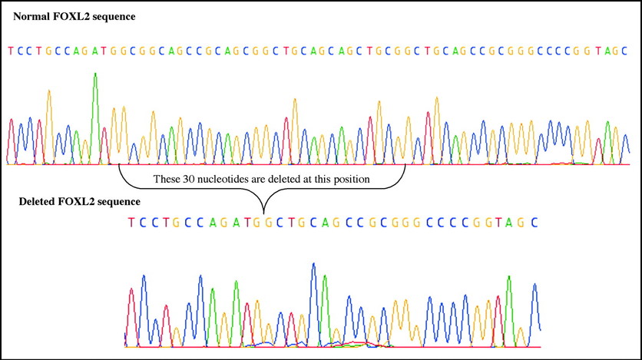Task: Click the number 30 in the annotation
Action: point(189,179)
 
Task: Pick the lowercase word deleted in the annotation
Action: point(275,179)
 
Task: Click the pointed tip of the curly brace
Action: point(263,213)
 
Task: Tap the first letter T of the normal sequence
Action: point(11,51)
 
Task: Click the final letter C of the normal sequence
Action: point(624,51)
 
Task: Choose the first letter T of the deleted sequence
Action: point(131,223)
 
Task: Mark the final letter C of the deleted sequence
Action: point(534,223)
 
